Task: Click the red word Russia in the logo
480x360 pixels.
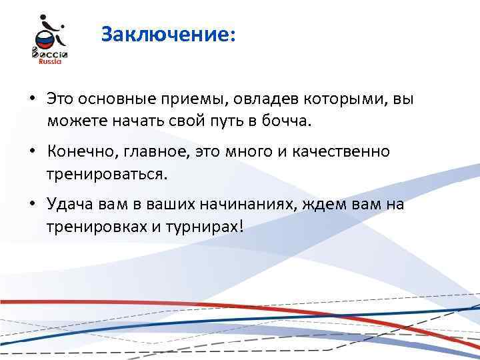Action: coord(47,60)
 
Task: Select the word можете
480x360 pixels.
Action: coord(73,122)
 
